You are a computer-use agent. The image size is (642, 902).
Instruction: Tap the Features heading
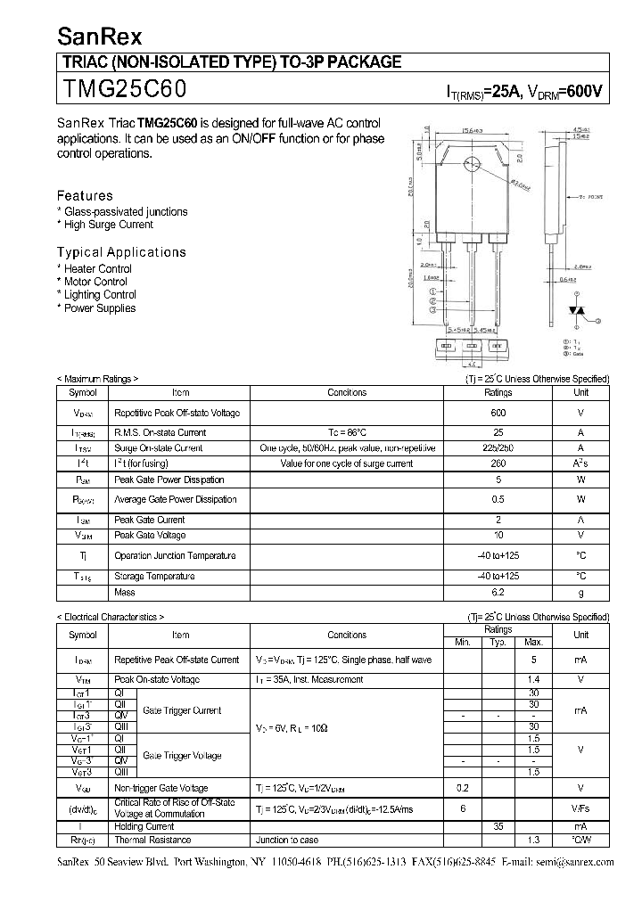point(85,195)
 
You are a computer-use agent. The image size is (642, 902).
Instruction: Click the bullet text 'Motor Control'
point(95,282)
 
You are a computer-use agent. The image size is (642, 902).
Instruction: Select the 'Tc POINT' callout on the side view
point(591,197)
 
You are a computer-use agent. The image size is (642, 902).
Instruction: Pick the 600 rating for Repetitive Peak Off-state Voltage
point(498,413)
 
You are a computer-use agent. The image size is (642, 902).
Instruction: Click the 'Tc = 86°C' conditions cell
point(347,432)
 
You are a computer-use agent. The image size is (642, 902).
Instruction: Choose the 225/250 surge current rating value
point(498,447)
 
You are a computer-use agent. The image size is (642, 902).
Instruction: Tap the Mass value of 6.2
point(498,592)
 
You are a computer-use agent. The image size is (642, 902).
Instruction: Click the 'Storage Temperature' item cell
point(154,577)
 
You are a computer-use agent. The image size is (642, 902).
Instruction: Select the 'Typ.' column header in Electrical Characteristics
point(498,643)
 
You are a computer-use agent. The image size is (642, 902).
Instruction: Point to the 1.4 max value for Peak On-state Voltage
point(533,679)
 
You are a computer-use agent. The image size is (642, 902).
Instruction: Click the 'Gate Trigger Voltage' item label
point(182,756)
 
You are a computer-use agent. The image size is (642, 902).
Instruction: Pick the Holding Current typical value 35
point(498,826)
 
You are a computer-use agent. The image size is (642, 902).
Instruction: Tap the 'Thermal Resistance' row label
point(152,840)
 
